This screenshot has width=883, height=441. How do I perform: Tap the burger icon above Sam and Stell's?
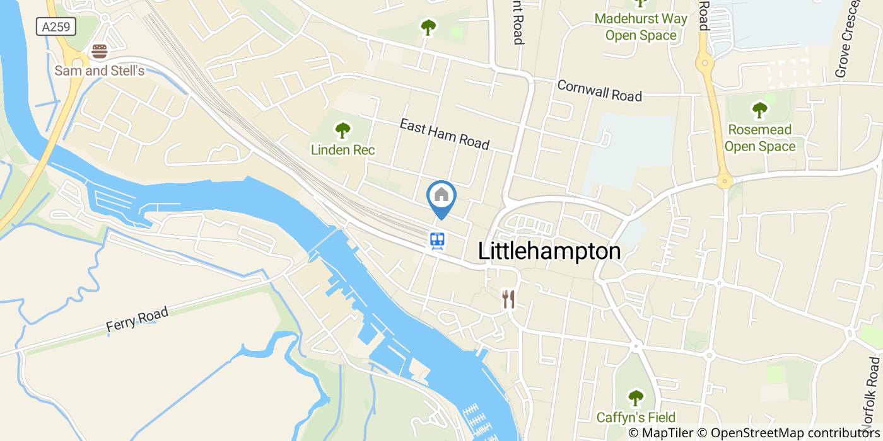(99, 51)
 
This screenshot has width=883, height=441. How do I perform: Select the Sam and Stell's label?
(100, 71)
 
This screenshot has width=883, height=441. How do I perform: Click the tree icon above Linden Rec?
(342, 130)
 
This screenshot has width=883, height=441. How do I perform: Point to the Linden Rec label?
(342, 150)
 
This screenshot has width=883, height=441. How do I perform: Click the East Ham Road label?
(444, 134)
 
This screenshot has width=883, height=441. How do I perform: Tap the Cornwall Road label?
(599, 91)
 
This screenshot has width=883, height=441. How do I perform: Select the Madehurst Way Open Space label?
(641, 26)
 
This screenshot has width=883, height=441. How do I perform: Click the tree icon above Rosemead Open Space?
(759, 110)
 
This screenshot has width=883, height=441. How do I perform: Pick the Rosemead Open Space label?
(759, 138)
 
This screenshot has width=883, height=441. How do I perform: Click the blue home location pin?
(441, 197)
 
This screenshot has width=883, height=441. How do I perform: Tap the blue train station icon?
(438, 240)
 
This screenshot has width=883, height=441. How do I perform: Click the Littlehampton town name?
(549, 251)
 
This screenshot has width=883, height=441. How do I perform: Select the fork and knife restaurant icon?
(508, 299)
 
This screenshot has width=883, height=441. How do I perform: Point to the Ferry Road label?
(137, 320)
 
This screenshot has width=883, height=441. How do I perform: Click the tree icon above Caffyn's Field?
(636, 398)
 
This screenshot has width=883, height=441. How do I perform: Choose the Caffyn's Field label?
(636, 417)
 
